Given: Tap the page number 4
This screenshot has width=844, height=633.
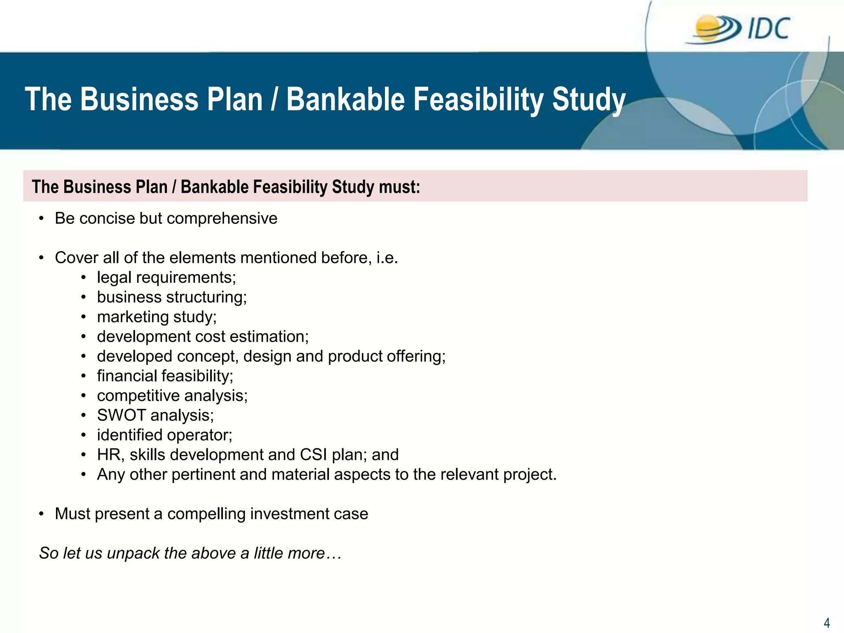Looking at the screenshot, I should click(x=826, y=622).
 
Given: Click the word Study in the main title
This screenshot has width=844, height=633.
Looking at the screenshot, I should click(x=588, y=100).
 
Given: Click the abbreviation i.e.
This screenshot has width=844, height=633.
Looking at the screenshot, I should click(x=387, y=258).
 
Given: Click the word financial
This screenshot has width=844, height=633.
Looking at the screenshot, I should click(x=127, y=376).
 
